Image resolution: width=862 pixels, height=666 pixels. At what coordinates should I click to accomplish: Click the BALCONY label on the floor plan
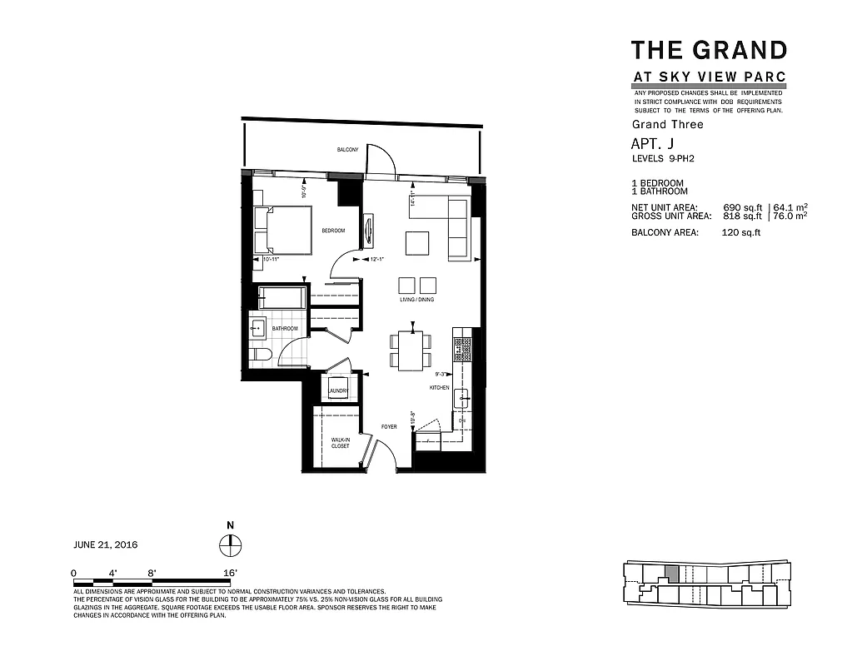coord(347,150)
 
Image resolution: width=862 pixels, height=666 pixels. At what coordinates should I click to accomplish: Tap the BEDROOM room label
coord(333,231)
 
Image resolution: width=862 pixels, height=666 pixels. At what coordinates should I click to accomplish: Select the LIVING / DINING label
coord(416,300)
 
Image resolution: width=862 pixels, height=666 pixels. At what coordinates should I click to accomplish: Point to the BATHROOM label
coord(285,329)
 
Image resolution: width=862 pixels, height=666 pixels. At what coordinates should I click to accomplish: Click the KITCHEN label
coord(440,388)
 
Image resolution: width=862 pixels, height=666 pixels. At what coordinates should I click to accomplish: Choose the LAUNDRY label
coord(337,390)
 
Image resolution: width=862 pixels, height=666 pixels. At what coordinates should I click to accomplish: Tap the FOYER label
coord(389,427)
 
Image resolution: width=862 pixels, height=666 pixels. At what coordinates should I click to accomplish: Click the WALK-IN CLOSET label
coord(341,443)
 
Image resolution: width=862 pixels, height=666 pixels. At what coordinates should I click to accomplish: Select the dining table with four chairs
coord(411,350)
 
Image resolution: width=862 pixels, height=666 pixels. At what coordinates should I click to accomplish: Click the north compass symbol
coord(230,544)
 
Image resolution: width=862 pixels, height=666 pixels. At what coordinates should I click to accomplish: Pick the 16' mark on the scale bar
coord(231,573)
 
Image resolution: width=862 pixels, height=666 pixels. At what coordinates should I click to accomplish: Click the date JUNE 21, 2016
coord(106,545)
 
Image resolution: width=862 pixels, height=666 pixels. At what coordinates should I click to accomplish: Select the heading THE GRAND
coord(709,50)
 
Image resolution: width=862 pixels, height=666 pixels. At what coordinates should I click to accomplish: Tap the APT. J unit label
coord(652,144)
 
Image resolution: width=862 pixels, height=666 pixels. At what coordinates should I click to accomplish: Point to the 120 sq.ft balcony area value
coord(740,233)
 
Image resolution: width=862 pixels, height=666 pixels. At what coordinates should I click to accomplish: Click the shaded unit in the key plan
coord(670,575)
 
